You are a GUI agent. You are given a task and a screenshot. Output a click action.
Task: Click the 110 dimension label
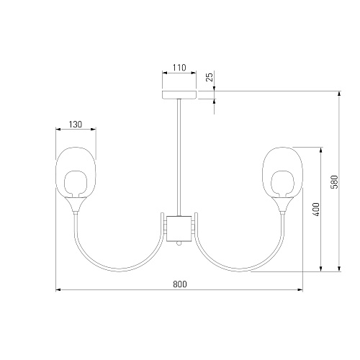[x=179, y=68]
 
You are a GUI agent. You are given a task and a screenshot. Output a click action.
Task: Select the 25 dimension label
[x=210, y=77]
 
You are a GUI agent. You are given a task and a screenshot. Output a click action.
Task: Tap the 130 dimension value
[x=76, y=125]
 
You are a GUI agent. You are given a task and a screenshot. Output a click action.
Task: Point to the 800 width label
[x=180, y=284]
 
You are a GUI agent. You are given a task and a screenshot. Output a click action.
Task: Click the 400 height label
[x=317, y=210]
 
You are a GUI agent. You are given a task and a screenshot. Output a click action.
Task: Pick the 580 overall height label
[x=334, y=182]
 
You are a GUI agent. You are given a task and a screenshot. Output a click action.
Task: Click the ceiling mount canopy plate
[x=179, y=95]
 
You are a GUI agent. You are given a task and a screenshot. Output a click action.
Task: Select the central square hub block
[x=179, y=228]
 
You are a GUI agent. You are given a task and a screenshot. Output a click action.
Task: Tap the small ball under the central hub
[x=179, y=243]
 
